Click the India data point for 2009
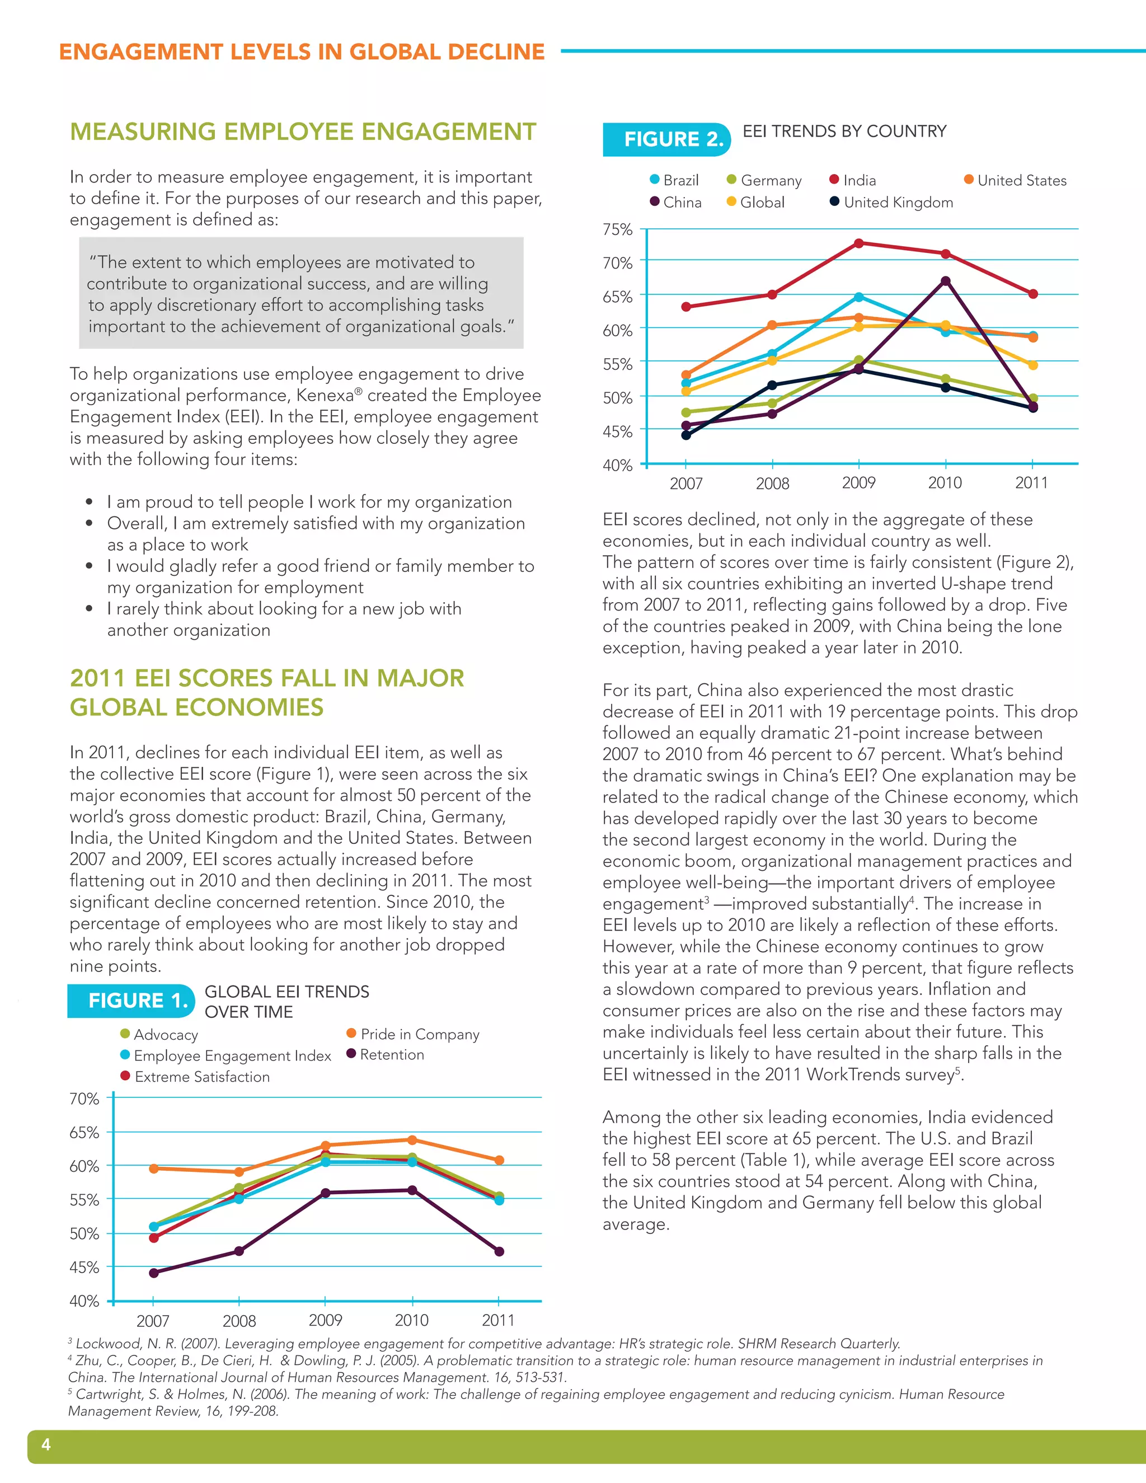point(859,243)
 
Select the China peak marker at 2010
point(945,281)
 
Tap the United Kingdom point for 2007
point(685,435)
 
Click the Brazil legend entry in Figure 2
point(674,181)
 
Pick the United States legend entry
point(1015,181)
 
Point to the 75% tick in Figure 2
point(617,229)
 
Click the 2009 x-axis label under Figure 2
point(859,483)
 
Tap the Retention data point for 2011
point(499,1251)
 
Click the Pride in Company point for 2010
point(412,1140)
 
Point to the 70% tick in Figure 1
point(84,1099)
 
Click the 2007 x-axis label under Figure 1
point(153,1321)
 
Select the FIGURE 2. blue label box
point(666,139)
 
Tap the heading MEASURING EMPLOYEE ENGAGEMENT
point(303,132)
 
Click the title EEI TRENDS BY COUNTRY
point(844,131)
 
